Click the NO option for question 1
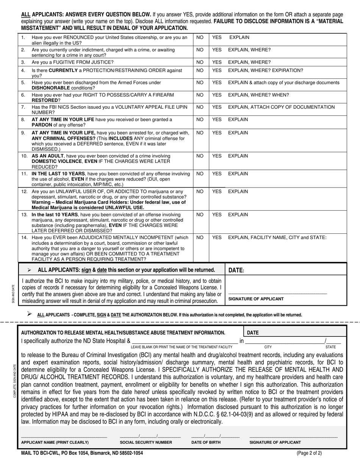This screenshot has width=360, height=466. (200, 38)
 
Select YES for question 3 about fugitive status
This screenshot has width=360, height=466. (217, 62)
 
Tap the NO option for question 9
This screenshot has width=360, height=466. (200, 133)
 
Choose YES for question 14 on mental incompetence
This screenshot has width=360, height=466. (217, 238)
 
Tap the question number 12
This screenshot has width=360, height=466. (24, 192)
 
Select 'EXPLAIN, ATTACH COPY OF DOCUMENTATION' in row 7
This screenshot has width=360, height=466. (282, 107)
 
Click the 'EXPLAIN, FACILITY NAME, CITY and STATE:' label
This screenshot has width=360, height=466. (277, 238)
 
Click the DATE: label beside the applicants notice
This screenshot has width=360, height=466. (236, 270)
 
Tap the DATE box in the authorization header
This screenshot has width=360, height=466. (253, 332)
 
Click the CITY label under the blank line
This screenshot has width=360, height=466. (268, 347)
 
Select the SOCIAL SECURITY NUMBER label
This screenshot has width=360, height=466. (146, 442)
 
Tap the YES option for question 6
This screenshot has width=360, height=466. (217, 95)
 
